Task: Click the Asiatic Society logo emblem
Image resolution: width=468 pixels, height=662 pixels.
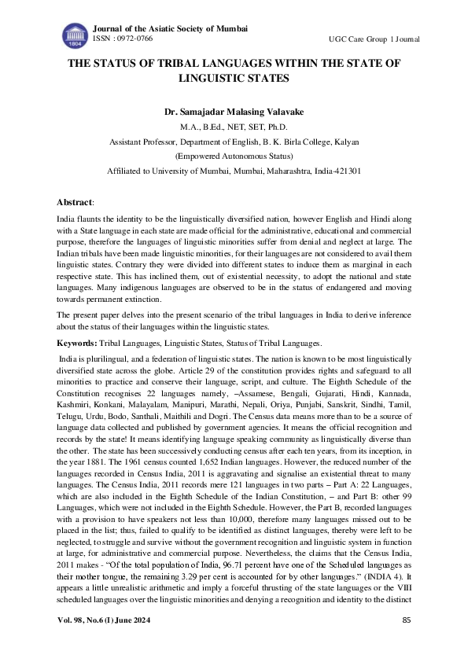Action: point(76,35)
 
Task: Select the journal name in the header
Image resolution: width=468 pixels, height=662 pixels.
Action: point(170,28)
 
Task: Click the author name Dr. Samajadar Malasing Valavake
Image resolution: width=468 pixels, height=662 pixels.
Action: point(234,112)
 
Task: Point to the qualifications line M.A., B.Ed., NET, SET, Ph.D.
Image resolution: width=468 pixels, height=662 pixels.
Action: point(234,127)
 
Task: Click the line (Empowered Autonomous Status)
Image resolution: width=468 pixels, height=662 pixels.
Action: point(234,156)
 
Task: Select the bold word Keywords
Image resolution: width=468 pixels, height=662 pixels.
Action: point(76,344)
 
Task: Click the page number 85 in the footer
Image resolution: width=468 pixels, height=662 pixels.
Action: point(407,642)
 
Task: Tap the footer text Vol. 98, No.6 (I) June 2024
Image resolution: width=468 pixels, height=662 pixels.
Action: point(109,642)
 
